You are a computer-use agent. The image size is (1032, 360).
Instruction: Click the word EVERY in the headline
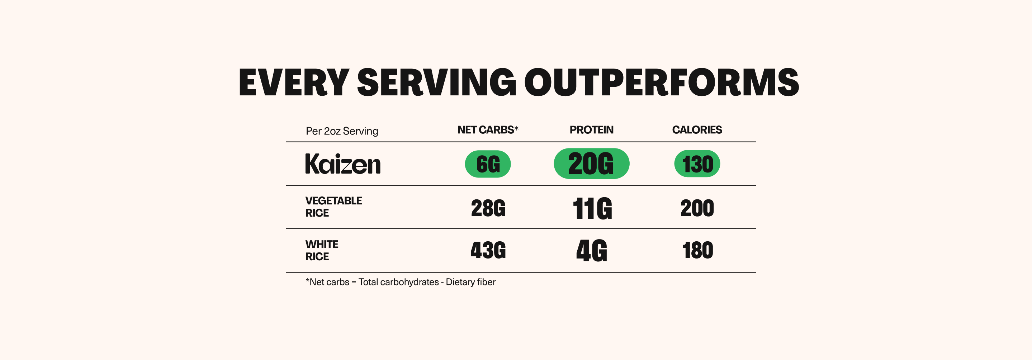click(x=294, y=82)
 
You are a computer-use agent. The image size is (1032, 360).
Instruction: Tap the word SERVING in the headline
click(x=436, y=82)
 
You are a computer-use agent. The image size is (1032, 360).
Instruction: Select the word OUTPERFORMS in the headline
click(x=662, y=82)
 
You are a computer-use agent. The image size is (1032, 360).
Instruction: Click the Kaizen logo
click(x=342, y=164)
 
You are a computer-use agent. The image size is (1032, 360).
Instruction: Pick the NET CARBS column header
click(x=488, y=130)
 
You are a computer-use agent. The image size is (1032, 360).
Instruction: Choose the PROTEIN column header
click(x=591, y=130)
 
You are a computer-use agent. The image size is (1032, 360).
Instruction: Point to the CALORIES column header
click(x=697, y=130)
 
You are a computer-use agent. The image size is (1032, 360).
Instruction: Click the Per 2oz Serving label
click(x=342, y=131)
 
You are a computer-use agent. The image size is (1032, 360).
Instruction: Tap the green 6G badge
click(x=488, y=164)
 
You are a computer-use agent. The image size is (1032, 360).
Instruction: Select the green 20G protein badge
click(x=591, y=164)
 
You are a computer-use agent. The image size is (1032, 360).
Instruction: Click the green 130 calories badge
click(x=697, y=164)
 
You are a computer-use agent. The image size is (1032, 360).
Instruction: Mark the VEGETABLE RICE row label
click(x=333, y=207)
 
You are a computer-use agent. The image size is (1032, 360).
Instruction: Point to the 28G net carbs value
click(x=488, y=208)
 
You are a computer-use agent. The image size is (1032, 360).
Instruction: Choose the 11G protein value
click(x=592, y=209)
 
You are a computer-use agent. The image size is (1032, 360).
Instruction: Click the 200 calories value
click(x=697, y=208)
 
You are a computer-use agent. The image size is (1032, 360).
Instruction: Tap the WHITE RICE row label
click(x=322, y=250)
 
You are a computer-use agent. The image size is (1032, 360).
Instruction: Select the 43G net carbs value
click(x=488, y=251)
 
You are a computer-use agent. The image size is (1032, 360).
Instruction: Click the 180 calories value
click(x=697, y=251)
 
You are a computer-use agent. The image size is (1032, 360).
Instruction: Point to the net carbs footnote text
click(x=400, y=282)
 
